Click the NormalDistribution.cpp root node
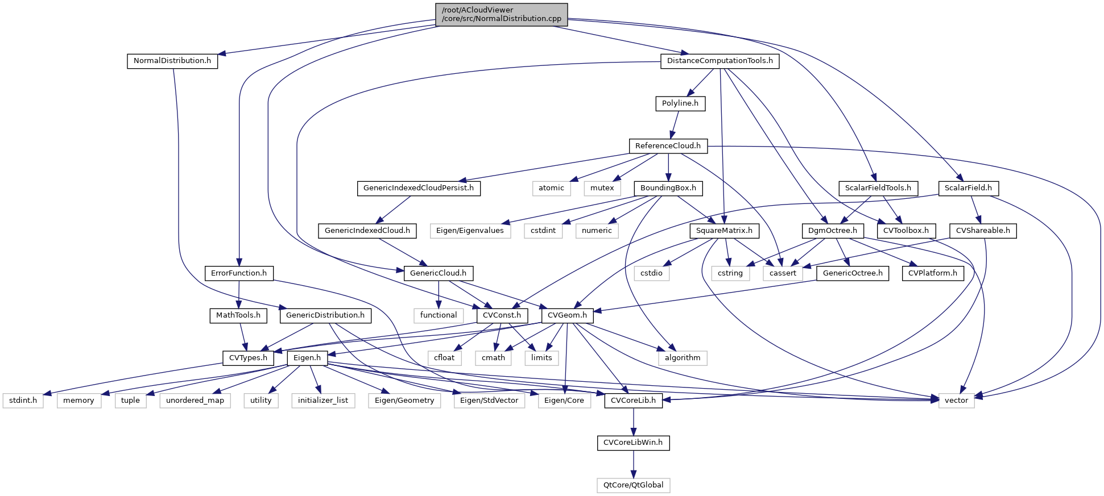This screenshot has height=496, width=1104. [x=501, y=14]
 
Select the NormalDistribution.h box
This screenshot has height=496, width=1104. [x=172, y=61]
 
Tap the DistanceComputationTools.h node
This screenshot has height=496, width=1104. [x=720, y=61]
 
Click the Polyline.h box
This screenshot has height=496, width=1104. [x=680, y=103]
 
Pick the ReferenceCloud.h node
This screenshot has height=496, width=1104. [x=668, y=146]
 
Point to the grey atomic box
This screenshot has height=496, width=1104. [x=551, y=188]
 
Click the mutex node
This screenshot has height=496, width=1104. [x=602, y=188]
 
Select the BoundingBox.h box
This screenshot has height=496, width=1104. [x=668, y=188]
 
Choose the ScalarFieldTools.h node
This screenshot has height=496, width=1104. [x=878, y=188]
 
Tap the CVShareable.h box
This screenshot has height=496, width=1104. [x=983, y=231]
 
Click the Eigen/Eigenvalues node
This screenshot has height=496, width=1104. [x=470, y=231]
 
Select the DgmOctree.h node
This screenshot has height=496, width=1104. [x=833, y=231]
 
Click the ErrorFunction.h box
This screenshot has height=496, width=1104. [x=239, y=273]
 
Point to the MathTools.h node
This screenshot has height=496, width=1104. [x=238, y=315]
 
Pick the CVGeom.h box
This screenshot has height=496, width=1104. [x=567, y=315]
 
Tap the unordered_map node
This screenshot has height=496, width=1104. [x=195, y=401]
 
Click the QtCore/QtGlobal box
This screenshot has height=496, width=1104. [x=633, y=485]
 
